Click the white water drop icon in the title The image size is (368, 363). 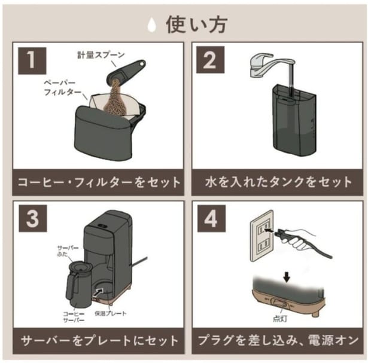click(x=153, y=25)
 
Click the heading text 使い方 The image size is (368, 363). click(x=196, y=25)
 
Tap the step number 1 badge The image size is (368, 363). click(x=32, y=61)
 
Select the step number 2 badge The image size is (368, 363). click(x=210, y=60)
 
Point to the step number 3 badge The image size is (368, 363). click(x=33, y=218)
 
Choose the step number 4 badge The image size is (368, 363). click(x=211, y=218)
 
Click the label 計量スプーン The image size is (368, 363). click(x=101, y=55)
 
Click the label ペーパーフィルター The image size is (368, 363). click(x=62, y=88)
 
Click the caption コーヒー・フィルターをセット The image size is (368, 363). click(x=99, y=182)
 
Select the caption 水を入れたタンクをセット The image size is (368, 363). click(x=278, y=182)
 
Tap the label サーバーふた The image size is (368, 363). click(x=68, y=251)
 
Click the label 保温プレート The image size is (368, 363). click(x=110, y=313)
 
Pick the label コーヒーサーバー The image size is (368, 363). click(x=74, y=317)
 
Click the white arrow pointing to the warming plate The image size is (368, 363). click(x=98, y=293)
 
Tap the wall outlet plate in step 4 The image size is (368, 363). click(x=262, y=236)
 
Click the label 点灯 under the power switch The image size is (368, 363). click(x=280, y=319)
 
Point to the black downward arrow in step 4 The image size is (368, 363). click(x=287, y=277)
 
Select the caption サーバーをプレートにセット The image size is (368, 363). click(x=99, y=341)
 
